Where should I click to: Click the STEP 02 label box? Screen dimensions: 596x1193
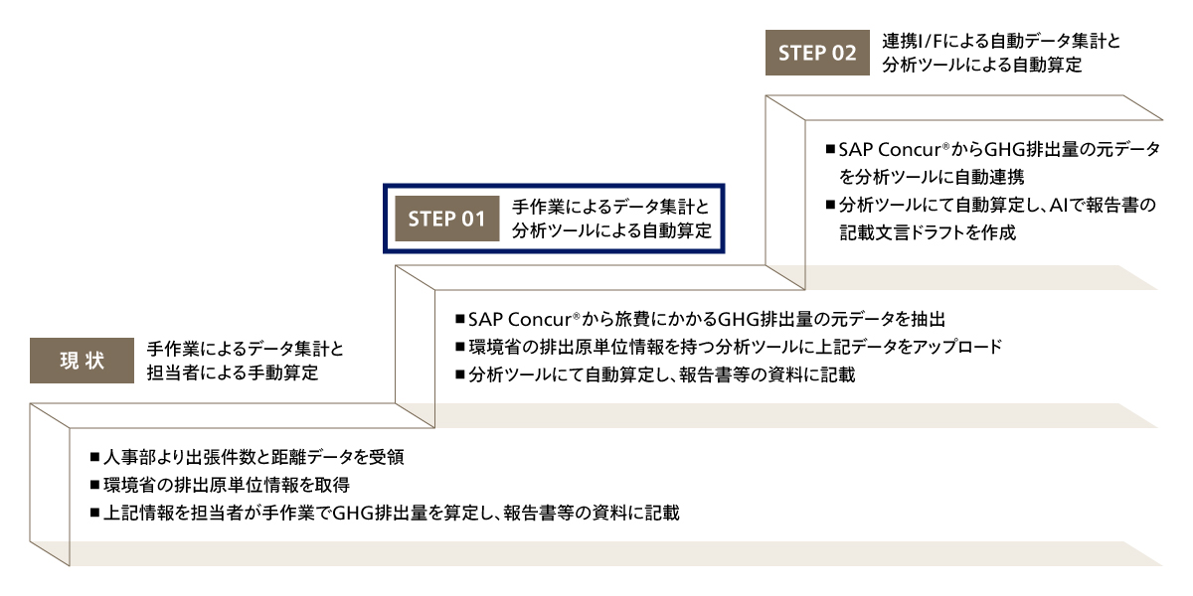pos(816,54)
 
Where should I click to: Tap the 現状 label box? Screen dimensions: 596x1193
pos(82,361)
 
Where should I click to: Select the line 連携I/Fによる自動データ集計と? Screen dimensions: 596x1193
pos(1001,42)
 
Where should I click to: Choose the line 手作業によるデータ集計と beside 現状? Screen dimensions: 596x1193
pos(246,349)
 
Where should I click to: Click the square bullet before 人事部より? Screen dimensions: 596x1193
pos(93,458)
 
